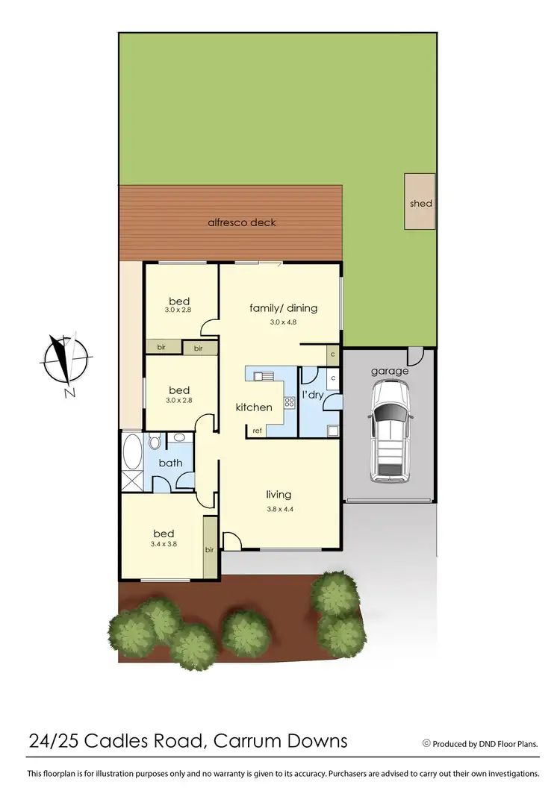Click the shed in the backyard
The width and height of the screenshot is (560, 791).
[x=420, y=202]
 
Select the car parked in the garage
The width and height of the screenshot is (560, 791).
[x=390, y=431]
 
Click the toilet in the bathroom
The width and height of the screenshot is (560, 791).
[x=155, y=443]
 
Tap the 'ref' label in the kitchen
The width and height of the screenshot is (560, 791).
[x=257, y=431]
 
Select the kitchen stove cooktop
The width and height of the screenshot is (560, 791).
[x=289, y=403]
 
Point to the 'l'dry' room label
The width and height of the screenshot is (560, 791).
[x=312, y=395]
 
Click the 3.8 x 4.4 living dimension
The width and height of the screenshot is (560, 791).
[x=279, y=509]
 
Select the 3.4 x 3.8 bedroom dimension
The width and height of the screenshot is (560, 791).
[x=164, y=545]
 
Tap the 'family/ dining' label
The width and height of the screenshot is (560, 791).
[x=283, y=307]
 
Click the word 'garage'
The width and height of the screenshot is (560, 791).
[x=390, y=371]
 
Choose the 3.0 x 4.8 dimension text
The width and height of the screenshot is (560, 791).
[x=283, y=322]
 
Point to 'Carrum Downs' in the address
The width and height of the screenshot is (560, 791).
[x=281, y=741]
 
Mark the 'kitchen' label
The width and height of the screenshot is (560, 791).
[x=254, y=407]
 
